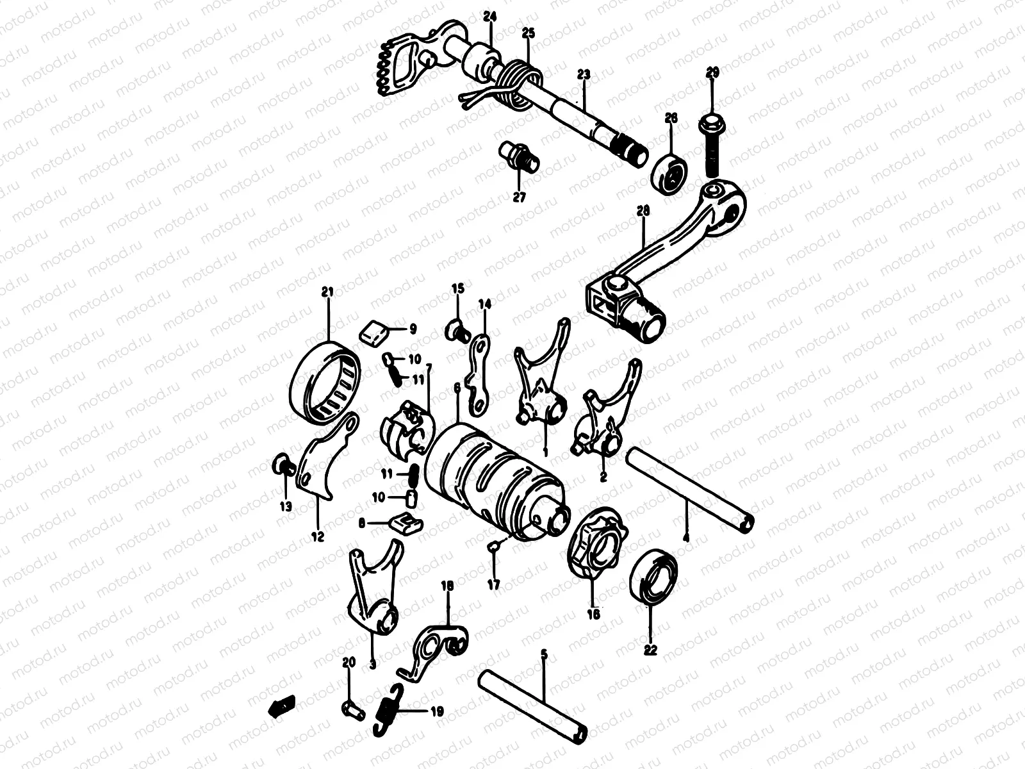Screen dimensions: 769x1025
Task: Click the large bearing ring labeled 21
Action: [325, 383]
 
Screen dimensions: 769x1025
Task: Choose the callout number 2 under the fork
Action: [603, 477]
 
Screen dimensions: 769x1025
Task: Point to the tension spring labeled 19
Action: [389, 710]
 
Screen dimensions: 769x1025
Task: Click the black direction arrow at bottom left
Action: [280, 707]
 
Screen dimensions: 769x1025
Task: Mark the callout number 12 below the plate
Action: [317, 537]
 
